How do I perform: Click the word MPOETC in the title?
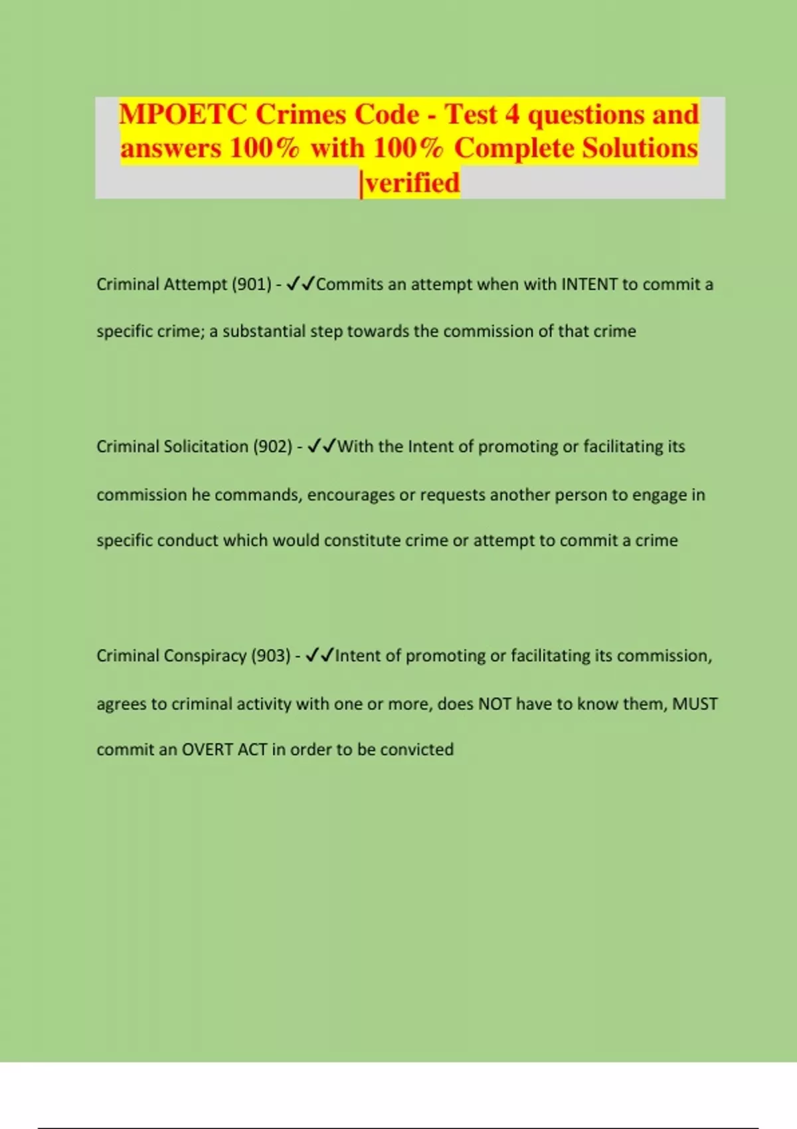pos(183,114)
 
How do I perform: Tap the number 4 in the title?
pos(511,114)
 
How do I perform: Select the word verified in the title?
pos(412,183)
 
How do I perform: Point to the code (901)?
pos(252,284)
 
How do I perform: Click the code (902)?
pos(273,446)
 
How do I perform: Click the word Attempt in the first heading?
pos(195,284)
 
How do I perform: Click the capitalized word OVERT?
pos(207,749)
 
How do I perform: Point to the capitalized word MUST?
pos(695,703)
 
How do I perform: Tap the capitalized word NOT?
pos(495,703)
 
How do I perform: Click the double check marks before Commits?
pos(300,284)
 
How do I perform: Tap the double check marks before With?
pos(322,446)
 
